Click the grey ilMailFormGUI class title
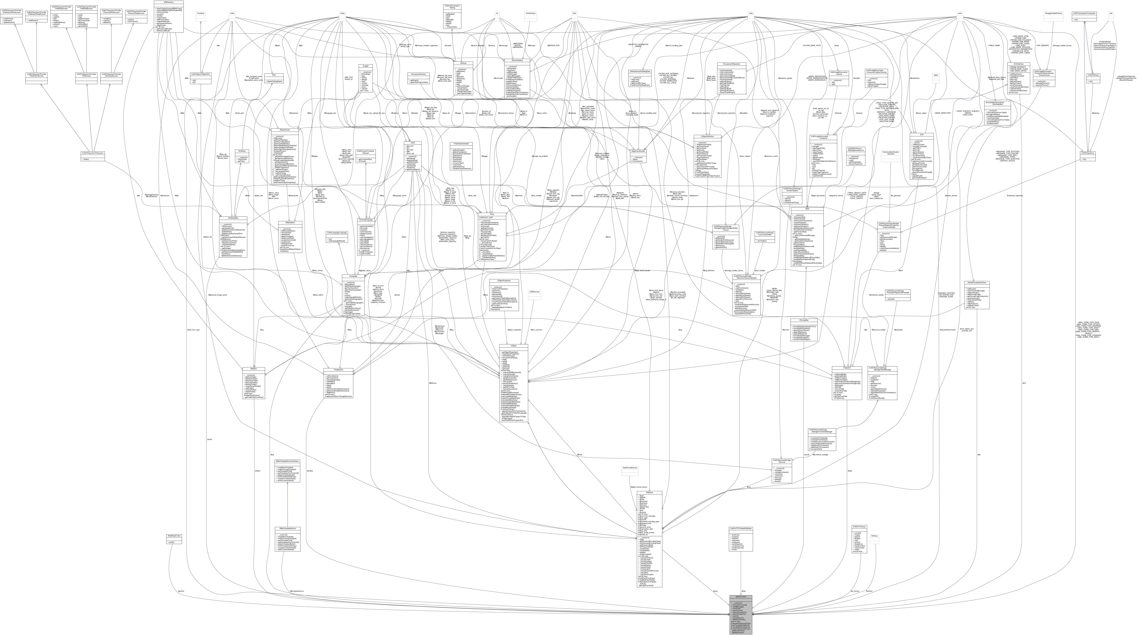[x=740, y=597]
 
